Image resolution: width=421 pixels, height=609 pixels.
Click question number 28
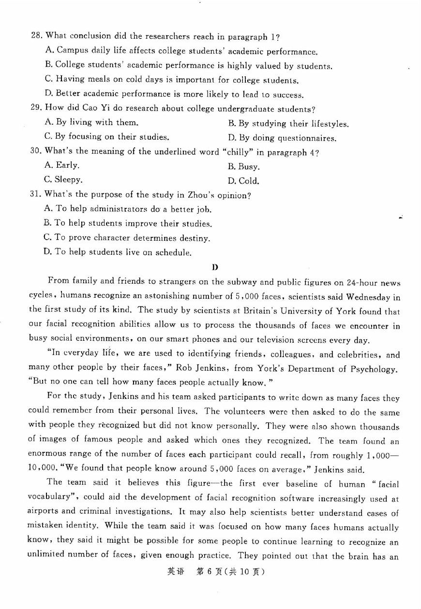tap(36, 36)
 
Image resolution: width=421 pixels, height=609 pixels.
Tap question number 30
tap(36, 151)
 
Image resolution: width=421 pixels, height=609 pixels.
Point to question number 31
tap(36, 195)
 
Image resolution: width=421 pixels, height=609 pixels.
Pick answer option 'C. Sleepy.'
tap(63, 180)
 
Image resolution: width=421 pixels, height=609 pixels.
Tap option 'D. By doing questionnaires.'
tap(282, 139)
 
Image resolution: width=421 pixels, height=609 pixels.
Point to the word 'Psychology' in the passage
tap(373, 369)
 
